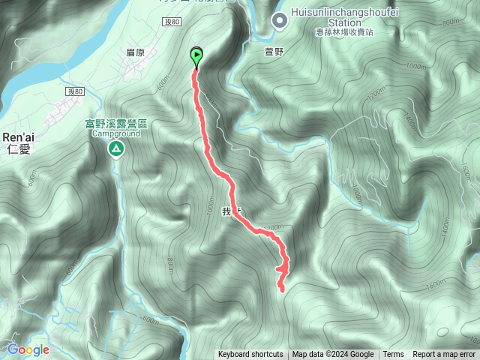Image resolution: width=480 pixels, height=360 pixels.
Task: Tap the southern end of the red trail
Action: click(x=282, y=289)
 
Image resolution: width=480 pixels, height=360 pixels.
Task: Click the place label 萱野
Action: click(x=274, y=52)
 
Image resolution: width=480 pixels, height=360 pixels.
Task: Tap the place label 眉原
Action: click(x=136, y=52)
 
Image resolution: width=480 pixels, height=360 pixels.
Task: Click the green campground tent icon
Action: click(x=116, y=150)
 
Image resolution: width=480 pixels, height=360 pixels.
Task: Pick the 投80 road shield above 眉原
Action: click(x=172, y=23)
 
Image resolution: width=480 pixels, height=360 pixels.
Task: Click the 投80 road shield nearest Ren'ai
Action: click(x=74, y=91)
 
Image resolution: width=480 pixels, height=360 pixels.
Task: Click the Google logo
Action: click(x=28, y=349)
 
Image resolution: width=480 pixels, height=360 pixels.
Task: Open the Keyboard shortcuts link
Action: click(x=250, y=355)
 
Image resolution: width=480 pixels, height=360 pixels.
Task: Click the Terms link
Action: click(x=393, y=355)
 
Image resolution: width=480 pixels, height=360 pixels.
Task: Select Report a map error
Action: click(x=444, y=355)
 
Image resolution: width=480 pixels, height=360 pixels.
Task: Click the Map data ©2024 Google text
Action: click(x=333, y=355)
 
